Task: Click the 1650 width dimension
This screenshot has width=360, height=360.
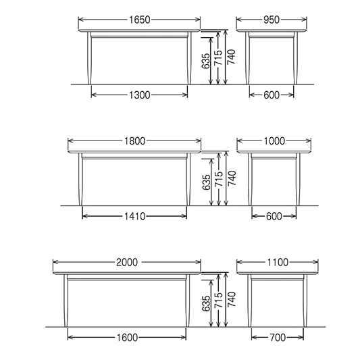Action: click(x=140, y=20)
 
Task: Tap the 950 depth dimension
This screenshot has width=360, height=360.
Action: click(x=272, y=20)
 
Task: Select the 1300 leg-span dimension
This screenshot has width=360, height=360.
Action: click(x=140, y=95)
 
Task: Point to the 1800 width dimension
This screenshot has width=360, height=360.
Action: click(x=135, y=141)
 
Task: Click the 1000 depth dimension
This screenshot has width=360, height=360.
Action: click(x=274, y=141)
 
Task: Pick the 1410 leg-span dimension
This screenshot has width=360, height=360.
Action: click(x=135, y=216)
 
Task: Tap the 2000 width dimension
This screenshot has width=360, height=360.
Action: click(x=127, y=262)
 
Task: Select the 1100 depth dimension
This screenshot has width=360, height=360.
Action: click(x=278, y=262)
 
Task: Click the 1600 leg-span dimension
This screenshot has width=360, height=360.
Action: click(x=127, y=338)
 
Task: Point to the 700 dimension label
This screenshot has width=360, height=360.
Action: click(x=278, y=338)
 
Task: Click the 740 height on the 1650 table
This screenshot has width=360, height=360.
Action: click(x=232, y=57)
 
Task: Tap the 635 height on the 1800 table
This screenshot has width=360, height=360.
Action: click(x=206, y=182)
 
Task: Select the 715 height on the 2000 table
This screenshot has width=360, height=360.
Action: click(x=218, y=300)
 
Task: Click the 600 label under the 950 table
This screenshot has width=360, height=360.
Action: click(x=272, y=95)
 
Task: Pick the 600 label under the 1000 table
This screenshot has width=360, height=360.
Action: click(x=274, y=216)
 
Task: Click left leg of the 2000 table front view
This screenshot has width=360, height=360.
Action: click(x=66, y=301)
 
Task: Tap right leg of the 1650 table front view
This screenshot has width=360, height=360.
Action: click(x=189, y=58)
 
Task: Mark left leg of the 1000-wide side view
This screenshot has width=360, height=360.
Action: click(x=250, y=179)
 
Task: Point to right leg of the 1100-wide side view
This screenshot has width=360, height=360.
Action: click(x=305, y=301)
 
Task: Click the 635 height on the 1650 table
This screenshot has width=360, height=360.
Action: click(x=206, y=61)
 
